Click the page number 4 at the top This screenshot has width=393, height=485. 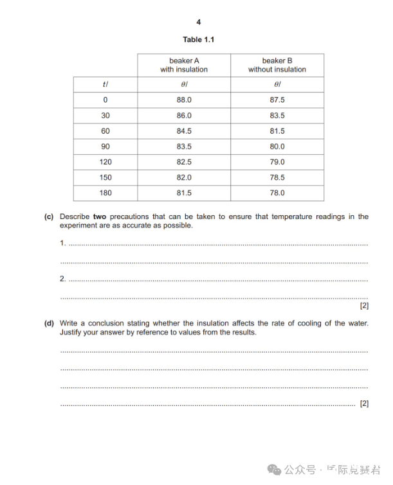[198, 22]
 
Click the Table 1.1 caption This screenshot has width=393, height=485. [198, 40]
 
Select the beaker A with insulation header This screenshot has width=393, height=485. [184, 65]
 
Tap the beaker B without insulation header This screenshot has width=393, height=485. [277, 65]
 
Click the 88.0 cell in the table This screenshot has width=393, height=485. [184, 100]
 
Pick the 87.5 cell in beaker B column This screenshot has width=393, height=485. [277, 100]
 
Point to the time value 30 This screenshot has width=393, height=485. [105, 116]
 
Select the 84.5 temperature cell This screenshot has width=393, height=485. [184, 131]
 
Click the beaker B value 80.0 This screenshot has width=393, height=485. [277, 146]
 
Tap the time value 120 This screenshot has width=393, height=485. [105, 162]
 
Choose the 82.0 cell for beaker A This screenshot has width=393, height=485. [184, 177]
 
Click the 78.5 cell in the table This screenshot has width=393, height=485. [277, 177]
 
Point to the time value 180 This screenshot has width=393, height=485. [105, 193]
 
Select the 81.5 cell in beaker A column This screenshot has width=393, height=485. [184, 193]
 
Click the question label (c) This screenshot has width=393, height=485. [49, 217]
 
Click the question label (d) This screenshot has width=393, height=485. [49, 323]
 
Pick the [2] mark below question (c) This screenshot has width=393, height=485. [364, 306]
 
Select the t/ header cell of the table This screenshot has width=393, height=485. [105, 85]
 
